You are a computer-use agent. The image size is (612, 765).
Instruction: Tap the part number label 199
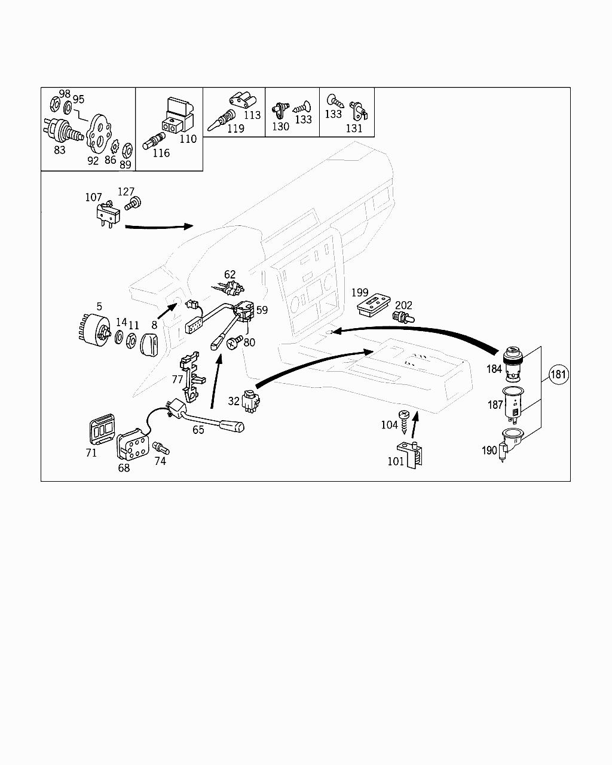pyautogui.click(x=360, y=292)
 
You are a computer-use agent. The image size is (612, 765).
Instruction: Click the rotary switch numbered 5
pyautogui.click(x=95, y=331)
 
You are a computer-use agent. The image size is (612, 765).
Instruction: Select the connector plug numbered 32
pyautogui.click(x=250, y=400)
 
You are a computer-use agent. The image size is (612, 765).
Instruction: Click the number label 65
pyautogui.click(x=198, y=429)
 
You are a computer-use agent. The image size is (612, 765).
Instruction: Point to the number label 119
pyautogui.click(x=235, y=128)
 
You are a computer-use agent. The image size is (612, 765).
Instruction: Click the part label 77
pyautogui.click(x=178, y=379)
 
